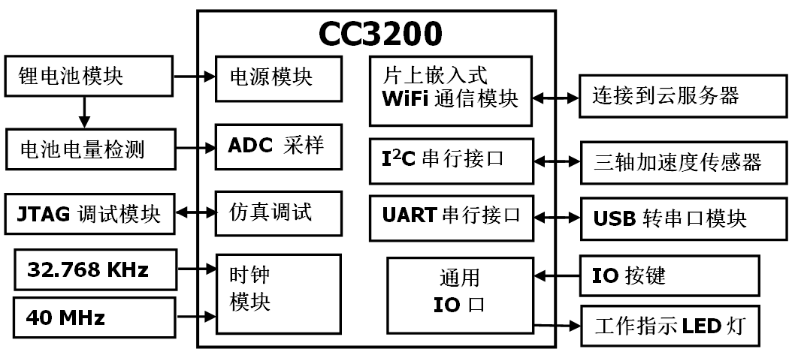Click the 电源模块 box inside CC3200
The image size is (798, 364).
[277, 77]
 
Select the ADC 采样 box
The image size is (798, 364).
[277, 146]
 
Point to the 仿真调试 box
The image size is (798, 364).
[277, 212]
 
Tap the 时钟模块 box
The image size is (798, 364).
[277, 293]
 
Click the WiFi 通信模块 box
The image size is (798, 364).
[451, 89]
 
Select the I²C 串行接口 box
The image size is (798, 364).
[451, 160]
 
